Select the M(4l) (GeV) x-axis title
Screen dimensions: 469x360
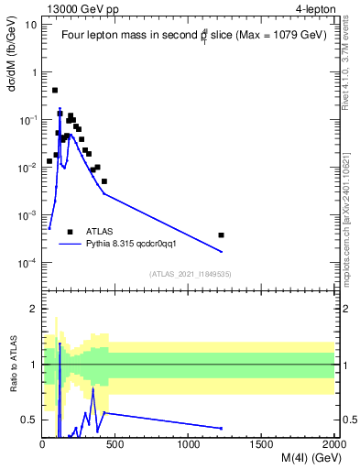point(299,460)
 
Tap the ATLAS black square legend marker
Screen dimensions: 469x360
point(70,232)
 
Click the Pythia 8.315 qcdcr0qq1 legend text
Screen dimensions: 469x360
point(137,245)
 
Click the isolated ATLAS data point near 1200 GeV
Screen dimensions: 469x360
point(222,235)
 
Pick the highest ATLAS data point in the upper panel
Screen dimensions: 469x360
point(55,91)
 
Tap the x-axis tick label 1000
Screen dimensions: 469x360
point(189,446)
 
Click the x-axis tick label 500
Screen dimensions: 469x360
point(116,446)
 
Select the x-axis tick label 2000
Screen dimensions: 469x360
point(333,446)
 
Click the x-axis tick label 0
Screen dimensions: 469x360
point(43,446)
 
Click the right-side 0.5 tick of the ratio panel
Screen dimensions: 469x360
point(349,420)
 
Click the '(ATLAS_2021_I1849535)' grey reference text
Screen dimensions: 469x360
point(189,273)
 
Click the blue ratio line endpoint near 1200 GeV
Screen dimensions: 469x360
point(222,428)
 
